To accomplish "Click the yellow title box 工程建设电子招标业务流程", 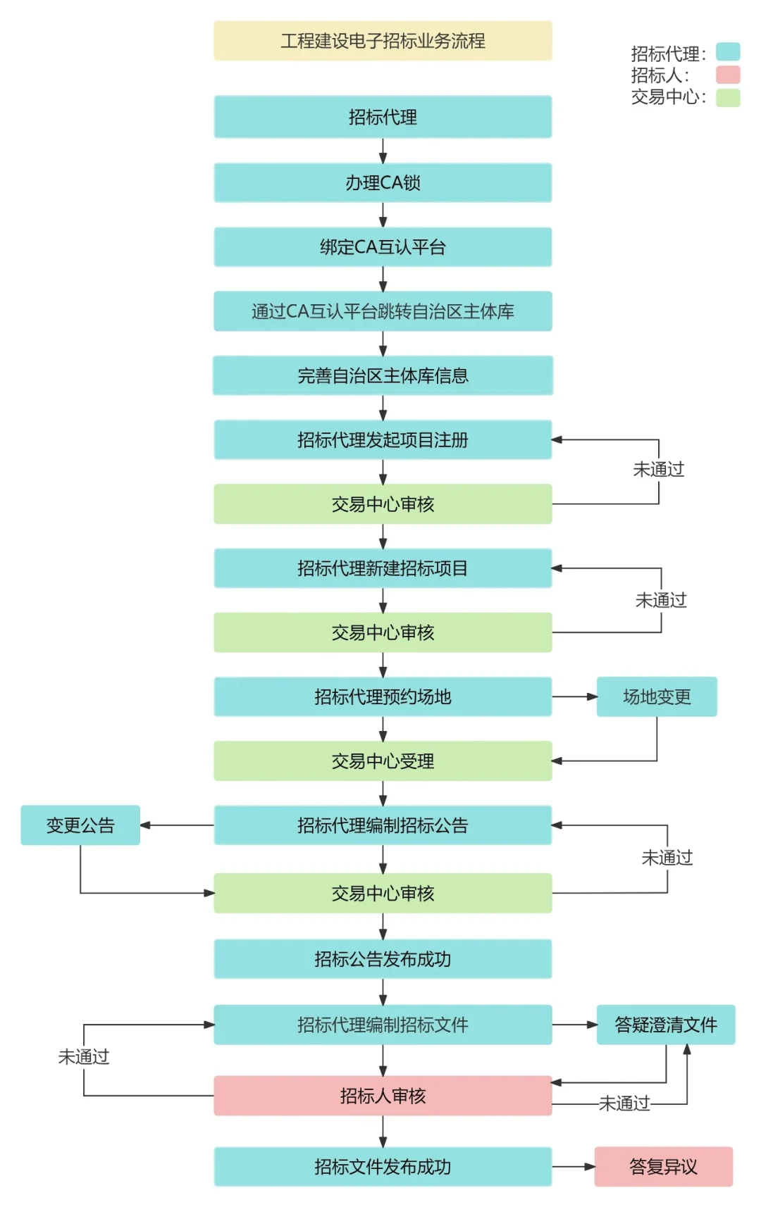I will (x=383, y=41).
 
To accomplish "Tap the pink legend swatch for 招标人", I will (x=728, y=75).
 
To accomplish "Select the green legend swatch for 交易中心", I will (x=728, y=97).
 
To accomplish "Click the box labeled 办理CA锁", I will (x=383, y=183).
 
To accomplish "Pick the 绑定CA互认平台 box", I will (x=383, y=247).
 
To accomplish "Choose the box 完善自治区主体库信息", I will (x=383, y=376).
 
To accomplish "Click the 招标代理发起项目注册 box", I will (x=383, y=440).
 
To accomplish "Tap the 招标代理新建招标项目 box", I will (x=383, y=568).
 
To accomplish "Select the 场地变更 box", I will (x=657, y=697).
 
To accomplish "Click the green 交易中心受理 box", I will (x=383, y=761).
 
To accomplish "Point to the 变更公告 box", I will (x=80, y=825).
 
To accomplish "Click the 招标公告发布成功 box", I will (x=383, y=959).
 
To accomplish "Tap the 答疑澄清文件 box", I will (x=666, y=1025).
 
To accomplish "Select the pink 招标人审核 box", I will (x=383, y=1096).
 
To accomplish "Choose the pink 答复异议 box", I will (x=663, y=1167).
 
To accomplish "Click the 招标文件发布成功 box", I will (x=383, y=1167).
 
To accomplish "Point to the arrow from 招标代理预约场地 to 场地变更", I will (x=574, y=697).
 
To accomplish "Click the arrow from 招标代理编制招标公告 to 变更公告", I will (x=177, y=825).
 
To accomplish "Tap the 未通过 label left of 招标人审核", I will (x=84, y=1057).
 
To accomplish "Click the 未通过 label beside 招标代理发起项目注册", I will (x=659, y=469).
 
